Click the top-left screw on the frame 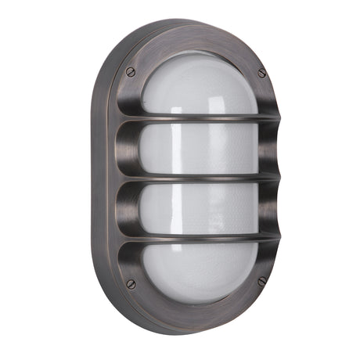coord(131,73)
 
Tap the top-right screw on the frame coord(261,73)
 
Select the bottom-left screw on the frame coord(131,283)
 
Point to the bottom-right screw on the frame coord(261,280)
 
